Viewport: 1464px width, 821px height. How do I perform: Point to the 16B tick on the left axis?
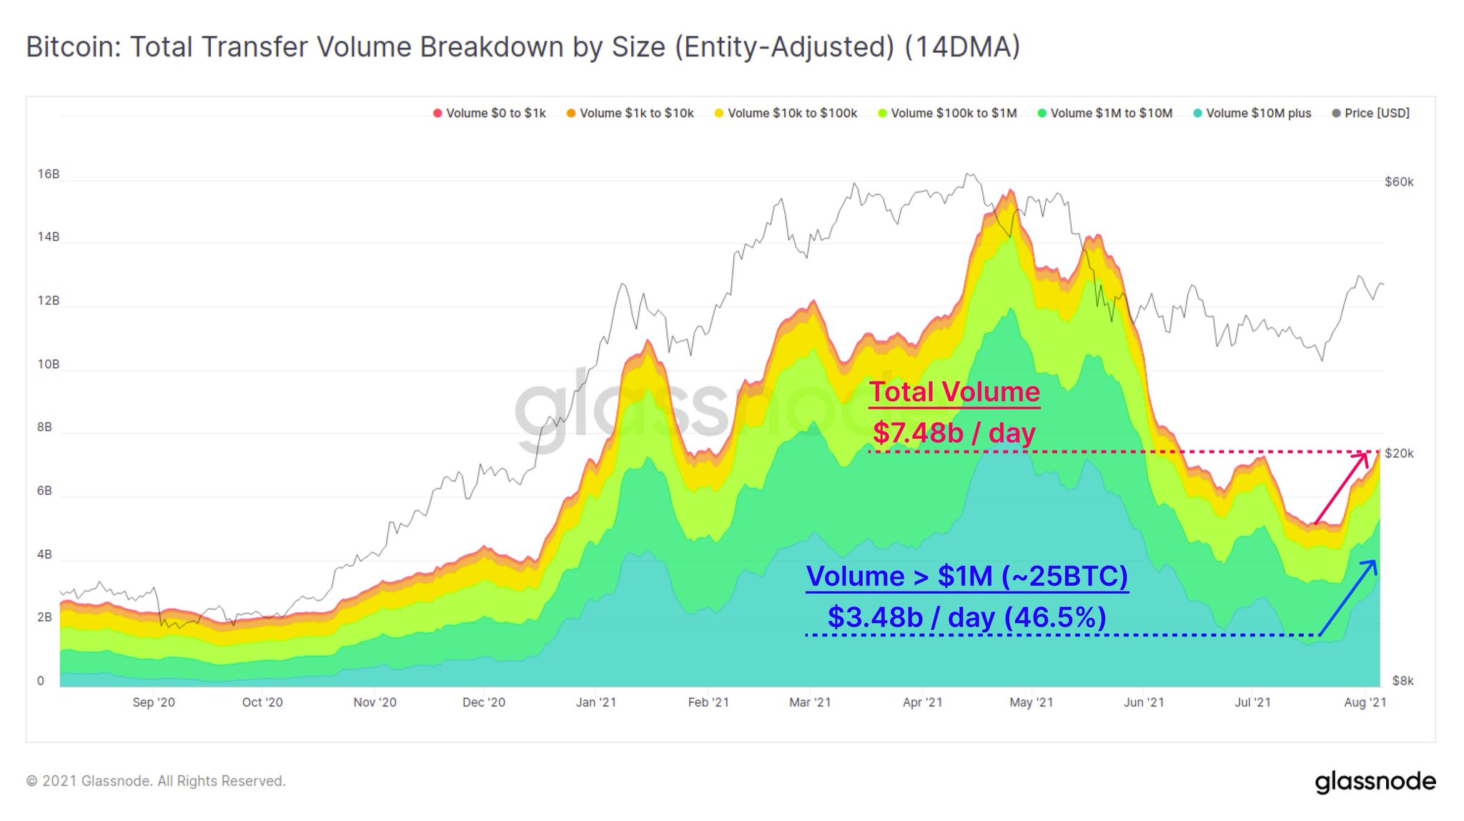point(48,174)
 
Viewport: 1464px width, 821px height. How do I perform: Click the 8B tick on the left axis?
point(44,428)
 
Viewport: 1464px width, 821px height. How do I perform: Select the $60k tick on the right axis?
point(1398,182)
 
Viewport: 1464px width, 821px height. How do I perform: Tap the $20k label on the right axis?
point(1398,453)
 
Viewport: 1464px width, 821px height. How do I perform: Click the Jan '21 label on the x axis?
point(595,702)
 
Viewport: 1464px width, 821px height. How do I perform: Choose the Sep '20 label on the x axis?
point(153,702)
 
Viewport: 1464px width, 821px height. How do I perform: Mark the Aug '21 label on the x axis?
point(1364,702)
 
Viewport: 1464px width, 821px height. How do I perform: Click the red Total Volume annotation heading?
point(954,392)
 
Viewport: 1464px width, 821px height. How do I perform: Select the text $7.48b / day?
point(954,433)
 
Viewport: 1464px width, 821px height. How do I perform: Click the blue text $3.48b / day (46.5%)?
point(966,616)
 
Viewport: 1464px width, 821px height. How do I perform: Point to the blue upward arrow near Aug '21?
point(1348,597)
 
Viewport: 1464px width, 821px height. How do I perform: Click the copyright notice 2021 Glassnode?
point(156,781)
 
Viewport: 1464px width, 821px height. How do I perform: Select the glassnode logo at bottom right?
point(1375,782)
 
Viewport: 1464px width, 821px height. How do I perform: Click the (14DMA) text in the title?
point(961,47)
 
